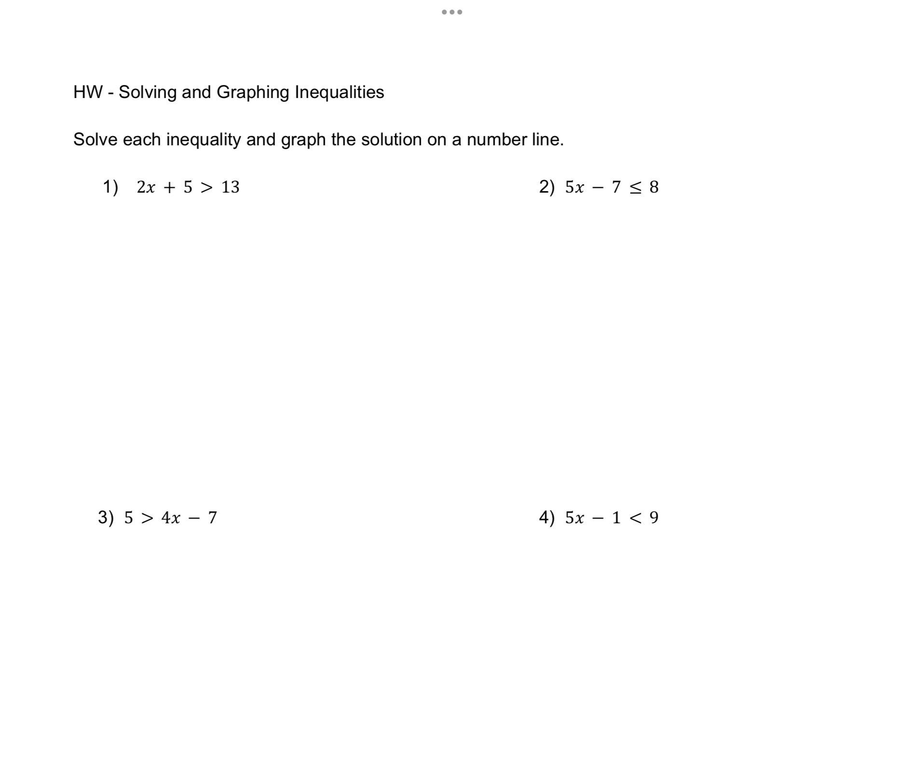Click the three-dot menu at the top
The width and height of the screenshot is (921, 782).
[452, 12]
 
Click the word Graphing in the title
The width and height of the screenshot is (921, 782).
[253, 92]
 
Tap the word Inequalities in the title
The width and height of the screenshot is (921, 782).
[339, 92]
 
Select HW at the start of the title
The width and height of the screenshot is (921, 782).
[88, 92]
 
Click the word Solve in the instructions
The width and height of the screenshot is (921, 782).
[95, 140]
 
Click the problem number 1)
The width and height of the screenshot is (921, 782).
[110, 187]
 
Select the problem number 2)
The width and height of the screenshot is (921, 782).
[547, 187]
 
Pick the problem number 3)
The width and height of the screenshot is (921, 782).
[106, 517]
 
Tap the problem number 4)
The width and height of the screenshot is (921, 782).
[547, 517]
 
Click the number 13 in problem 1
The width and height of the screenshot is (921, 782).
[230, 187]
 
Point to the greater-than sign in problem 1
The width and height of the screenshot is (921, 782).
[206, 187]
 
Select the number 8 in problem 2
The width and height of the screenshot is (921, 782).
[654, 187]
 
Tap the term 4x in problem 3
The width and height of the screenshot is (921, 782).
[171, 518]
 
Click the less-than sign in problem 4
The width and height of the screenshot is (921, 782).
[636, 518]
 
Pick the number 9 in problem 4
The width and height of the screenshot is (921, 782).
[654, 518]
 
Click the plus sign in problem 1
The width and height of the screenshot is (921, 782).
[169, 187]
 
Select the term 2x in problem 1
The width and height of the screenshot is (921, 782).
[146, 187]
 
